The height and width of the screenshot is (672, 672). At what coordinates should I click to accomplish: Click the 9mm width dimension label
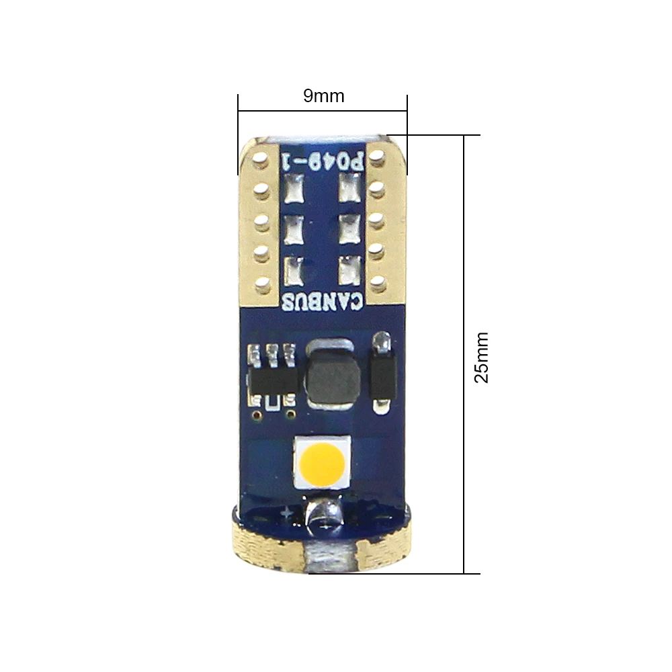[324, 95]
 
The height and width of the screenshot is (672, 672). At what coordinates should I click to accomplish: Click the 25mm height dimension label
[481, 357]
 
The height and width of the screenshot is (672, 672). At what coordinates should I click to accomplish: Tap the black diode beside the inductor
[382, 373]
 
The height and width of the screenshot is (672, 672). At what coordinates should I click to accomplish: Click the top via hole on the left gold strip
[260, 159]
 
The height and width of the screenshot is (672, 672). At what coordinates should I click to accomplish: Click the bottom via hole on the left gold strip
[261, 284]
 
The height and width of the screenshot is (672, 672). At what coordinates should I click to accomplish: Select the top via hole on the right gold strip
[377, 157]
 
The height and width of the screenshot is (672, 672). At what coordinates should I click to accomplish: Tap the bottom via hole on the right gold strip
[377, 283]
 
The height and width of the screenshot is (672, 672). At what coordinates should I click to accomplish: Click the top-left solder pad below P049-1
[294, 189]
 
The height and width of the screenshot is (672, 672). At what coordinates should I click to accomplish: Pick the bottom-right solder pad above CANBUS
[349, 271]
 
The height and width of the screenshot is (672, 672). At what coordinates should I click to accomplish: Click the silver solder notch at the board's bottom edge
[329, 556]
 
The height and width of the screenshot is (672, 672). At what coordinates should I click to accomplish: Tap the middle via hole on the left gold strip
[261, 222]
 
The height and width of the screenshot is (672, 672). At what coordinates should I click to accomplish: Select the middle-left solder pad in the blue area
[294, 229]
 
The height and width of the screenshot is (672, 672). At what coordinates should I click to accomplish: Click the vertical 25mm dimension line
[464, 354]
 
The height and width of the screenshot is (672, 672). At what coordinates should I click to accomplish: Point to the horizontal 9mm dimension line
[323, 111]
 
